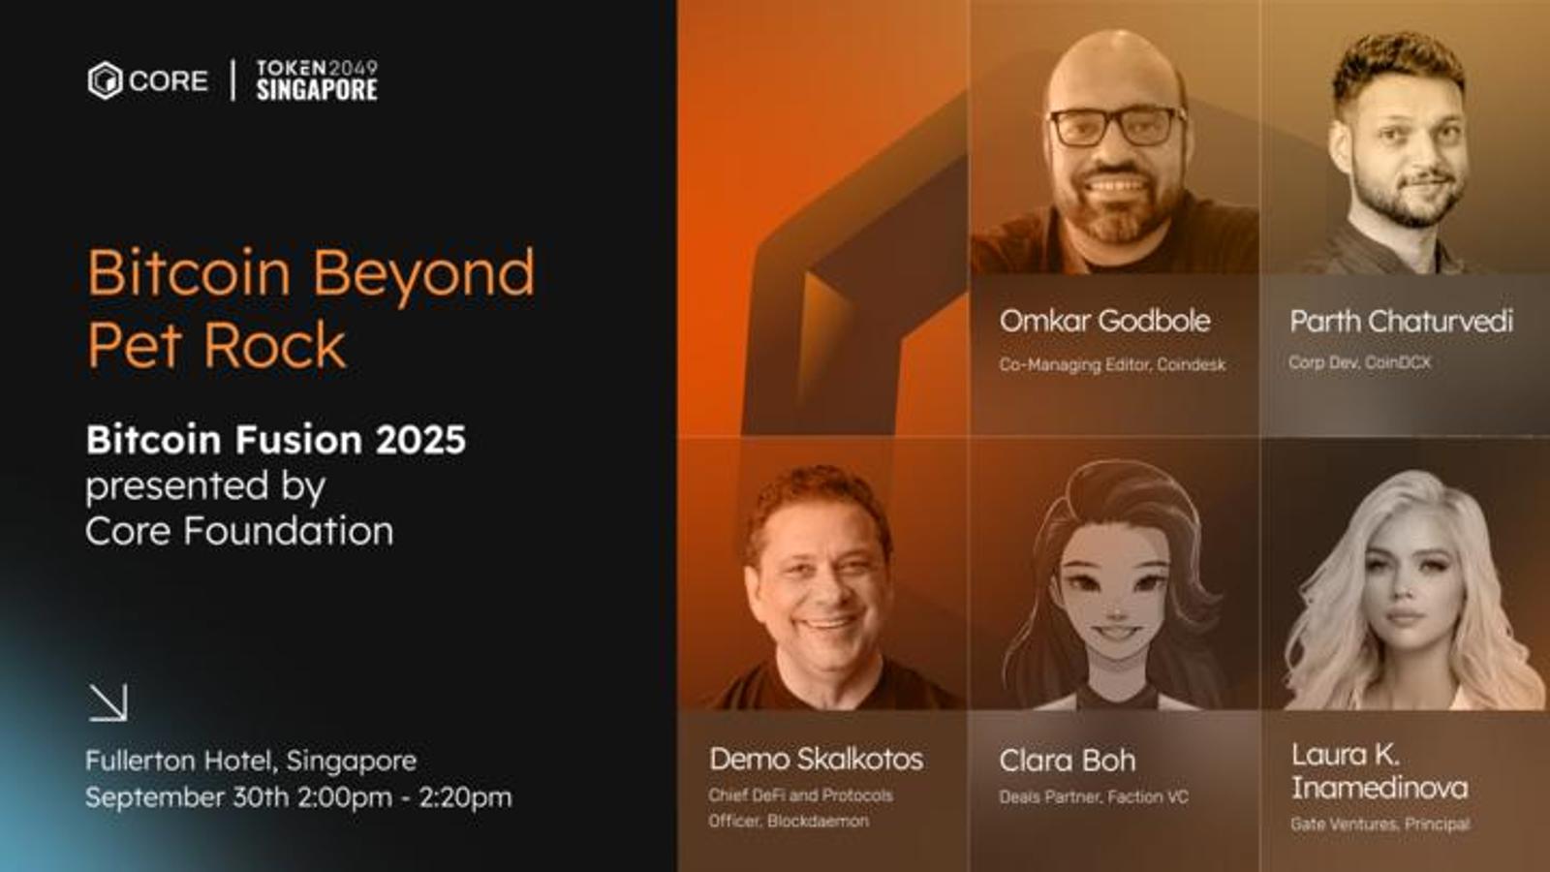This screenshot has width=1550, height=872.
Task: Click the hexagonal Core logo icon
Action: pyautogui.click(x=106, y=81)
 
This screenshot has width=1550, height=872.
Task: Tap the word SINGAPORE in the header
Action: pyautogui.click(x=317, y=89)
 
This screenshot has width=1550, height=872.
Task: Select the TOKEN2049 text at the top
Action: pyautogui.click(x=317, y=68)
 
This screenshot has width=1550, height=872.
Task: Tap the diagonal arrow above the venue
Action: pyautogui.click(x=108, y=702)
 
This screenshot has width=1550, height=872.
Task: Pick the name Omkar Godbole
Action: pyautogui.click(x=1105, y=321)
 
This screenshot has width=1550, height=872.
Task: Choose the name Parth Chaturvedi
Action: pyautogui.click(x=1401, y=321)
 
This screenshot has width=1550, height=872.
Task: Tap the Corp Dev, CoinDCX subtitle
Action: pyautogui.click(x=1359, y=362)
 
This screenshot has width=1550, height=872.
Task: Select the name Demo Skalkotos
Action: pyautogui.click(x=816, y=760)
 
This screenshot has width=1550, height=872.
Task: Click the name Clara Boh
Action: pyautogui.click(x=1067, y=761)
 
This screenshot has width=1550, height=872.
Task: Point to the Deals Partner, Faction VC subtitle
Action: pyautogui.click(x=1094, y=797)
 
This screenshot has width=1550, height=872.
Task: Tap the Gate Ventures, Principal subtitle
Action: pyautogui.click(x=1379, y=825)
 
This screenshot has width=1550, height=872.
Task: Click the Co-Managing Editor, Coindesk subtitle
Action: pyautogui.click(x=1112, y=364)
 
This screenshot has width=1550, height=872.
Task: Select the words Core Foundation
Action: pyautogui.click(x=239, y=532)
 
